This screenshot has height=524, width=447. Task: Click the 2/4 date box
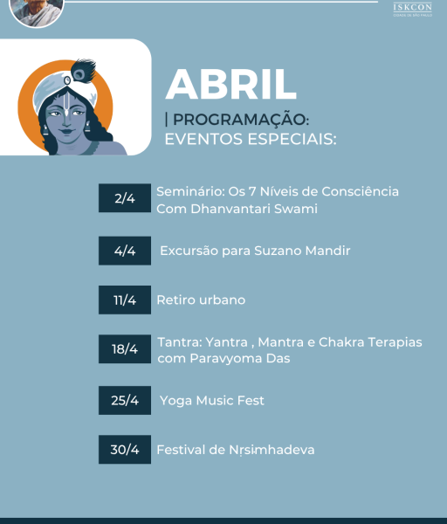click(124, 200)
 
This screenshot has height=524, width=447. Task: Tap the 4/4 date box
click(124, 251)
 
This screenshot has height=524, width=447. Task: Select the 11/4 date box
click(124, 300)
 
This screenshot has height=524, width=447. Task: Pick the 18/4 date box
click(124, 349)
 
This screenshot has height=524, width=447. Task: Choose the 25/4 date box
click(124, 400)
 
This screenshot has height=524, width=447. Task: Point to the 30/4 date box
click(124, 450)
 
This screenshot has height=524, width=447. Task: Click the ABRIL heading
click(230, 84)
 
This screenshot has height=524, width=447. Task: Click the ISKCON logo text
click(412, 8)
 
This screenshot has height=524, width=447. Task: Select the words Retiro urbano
click(201, 300)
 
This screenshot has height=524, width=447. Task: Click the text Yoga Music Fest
click(212, 400)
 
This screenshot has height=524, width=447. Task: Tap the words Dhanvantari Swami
click(256, 209)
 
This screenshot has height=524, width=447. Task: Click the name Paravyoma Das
click(236, 358)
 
